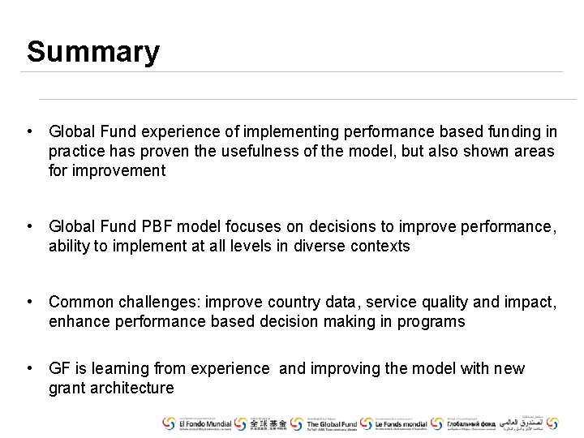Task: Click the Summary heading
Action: tap(93, 52)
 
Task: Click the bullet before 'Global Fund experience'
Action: tap(29, 131)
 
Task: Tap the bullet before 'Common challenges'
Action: tap(29, 303)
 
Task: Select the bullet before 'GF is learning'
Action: tap(29, 369)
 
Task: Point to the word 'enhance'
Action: tap(77, 322)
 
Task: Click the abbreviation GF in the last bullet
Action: tap(60, 369)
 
